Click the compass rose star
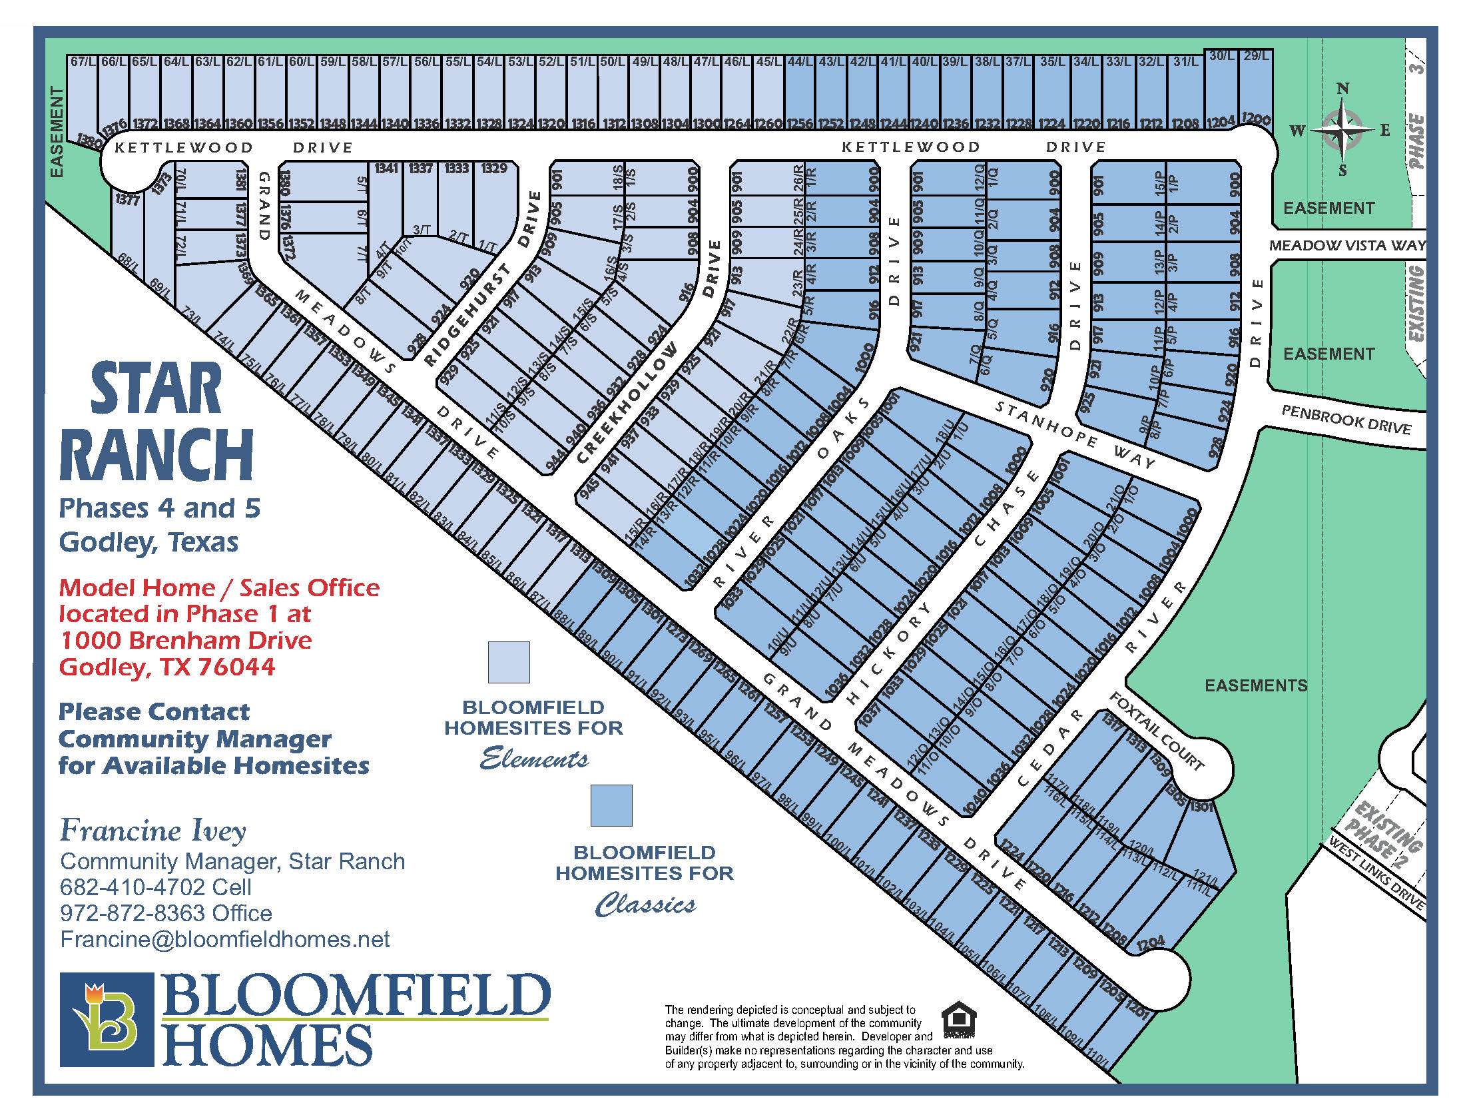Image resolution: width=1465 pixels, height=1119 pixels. click(x=1342, y=129)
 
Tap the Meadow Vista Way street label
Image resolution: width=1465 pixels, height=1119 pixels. click(x=1347, y=245)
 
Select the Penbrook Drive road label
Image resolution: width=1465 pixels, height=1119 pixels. click(x=1346, y=420)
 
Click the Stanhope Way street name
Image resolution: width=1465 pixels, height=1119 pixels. click(x=1075, y=434)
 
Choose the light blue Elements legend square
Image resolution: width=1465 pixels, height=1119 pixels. click(x=509, y=662)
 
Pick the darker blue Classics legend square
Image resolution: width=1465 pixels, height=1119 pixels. click(x=611, y=805)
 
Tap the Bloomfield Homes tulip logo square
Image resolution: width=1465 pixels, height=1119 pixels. click(x=107, y=1020)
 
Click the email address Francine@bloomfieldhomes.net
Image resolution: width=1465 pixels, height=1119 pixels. click(x=225, y=939)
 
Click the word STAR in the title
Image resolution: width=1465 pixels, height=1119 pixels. click(x=156, y=390)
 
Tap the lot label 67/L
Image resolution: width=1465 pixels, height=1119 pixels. click(x=83, y=62)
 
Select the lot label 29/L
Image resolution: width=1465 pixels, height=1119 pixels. click(x=1256, y=56)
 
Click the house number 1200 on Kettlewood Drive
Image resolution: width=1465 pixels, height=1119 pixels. click(x=1257, y=120)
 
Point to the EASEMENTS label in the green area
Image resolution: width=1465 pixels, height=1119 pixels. click(x=1256, y=685)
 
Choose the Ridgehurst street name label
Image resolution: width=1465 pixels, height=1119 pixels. click(x=467, y=316)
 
